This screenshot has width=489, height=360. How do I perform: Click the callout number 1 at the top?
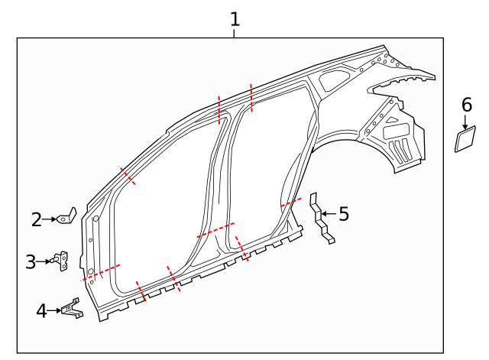click(x=235, y=18)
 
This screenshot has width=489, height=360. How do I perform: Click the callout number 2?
click(x=36, y=220)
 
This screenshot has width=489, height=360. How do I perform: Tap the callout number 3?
click(x=31, y=262)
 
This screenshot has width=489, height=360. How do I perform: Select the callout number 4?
click(x=41, y=310)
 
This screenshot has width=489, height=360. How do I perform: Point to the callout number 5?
click(x=344, y=214)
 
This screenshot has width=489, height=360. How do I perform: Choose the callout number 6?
click(x=467, y=105)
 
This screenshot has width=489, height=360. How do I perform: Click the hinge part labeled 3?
click(x=61, y=261)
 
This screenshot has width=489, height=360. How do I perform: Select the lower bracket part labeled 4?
click(x=71, y=310)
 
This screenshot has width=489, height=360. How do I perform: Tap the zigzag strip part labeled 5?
click(x=321, y=219)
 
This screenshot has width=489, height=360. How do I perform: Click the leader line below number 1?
click(x=235, y=33)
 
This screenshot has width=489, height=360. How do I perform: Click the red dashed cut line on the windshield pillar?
click(x=127, y=176)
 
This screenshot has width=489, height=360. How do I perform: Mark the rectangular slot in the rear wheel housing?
click(x=397, y=131)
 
